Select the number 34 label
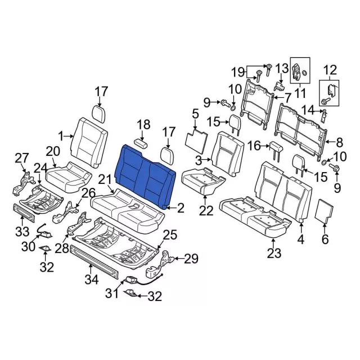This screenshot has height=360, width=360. [91, 278]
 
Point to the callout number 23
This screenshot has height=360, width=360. [273, 253]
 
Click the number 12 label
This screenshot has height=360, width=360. [330, 70]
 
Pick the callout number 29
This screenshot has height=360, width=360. [191, 259]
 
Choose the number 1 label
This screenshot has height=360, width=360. [62, 136]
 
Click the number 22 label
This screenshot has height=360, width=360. [206, 210]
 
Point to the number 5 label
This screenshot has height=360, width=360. [195, 116]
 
